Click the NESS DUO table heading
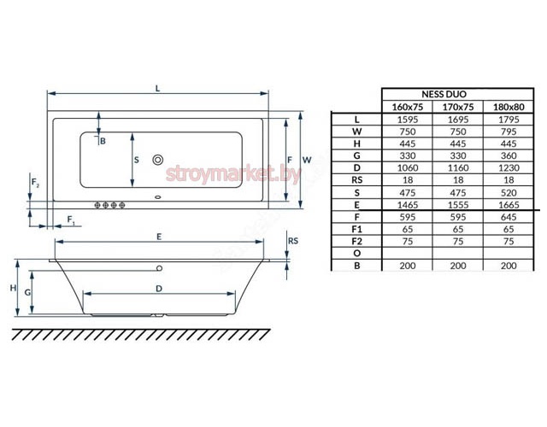point(444,94)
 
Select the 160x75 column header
point(407,107)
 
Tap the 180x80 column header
point(509,107)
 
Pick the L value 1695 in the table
point(458,120)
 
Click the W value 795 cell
point(509,132)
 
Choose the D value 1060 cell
point(408,168)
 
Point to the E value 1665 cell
point(509,205)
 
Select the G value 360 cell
point(509,155)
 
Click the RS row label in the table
point(357,180)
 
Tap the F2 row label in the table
point(357,241)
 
